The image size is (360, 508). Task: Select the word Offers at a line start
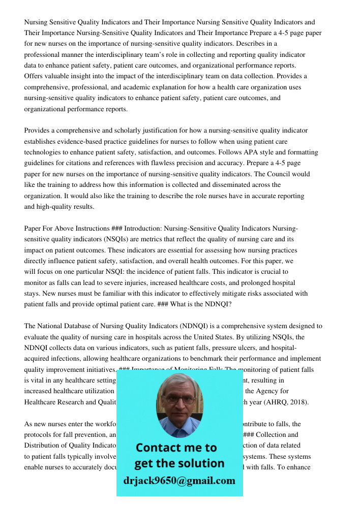pos(34,76)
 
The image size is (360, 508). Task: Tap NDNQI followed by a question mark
pos(218,304)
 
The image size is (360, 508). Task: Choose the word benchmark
pos(210,359)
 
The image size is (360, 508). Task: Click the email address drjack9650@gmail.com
pos(179,481)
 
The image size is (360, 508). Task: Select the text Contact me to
pos(176,448)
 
